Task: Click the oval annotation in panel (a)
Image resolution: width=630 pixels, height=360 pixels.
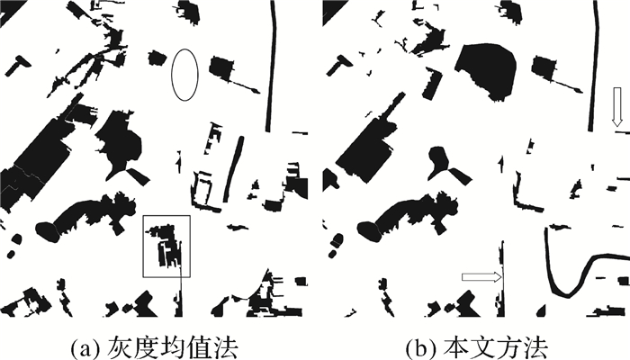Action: pos(184,75)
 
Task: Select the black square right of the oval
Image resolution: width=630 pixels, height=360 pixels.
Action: pos(222,67)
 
